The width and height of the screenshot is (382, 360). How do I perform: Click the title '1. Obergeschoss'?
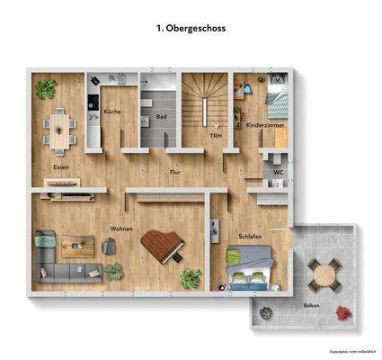click(x=191, y=29)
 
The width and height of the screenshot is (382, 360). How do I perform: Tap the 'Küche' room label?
click(x=112, y=112)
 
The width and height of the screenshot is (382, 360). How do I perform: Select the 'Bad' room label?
click(x=161, y=117)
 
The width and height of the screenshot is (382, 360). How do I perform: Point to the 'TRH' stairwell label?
click(x=216, y=136)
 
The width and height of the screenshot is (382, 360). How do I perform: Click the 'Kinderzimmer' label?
click(x=266, y=125)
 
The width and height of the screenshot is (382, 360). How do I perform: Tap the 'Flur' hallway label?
click(x=177, y=170)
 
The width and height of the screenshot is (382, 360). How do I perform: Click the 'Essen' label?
click(x=61, y=166)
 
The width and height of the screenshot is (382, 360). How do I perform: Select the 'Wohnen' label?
click(x=121, y=229)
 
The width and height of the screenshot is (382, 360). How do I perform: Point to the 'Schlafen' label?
click(x=250, y=237)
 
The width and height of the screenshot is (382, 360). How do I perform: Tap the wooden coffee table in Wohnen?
click(x=76, y=242)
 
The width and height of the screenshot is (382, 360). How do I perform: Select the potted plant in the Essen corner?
click(x=45, y=87)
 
